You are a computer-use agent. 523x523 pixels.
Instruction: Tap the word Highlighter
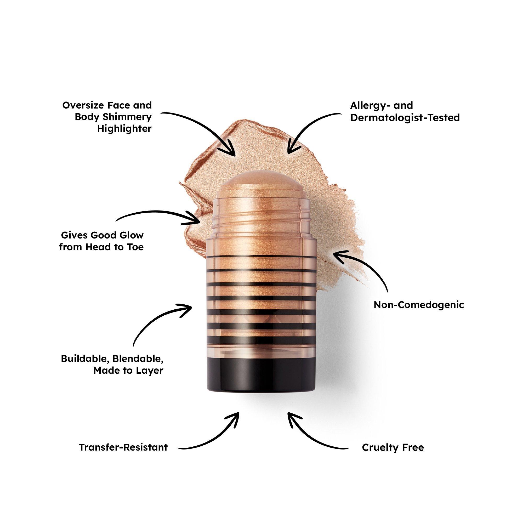pyautogui.click(x=124, y=129)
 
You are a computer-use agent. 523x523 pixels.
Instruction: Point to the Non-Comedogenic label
pyautogui.click(x=419, y=305)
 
